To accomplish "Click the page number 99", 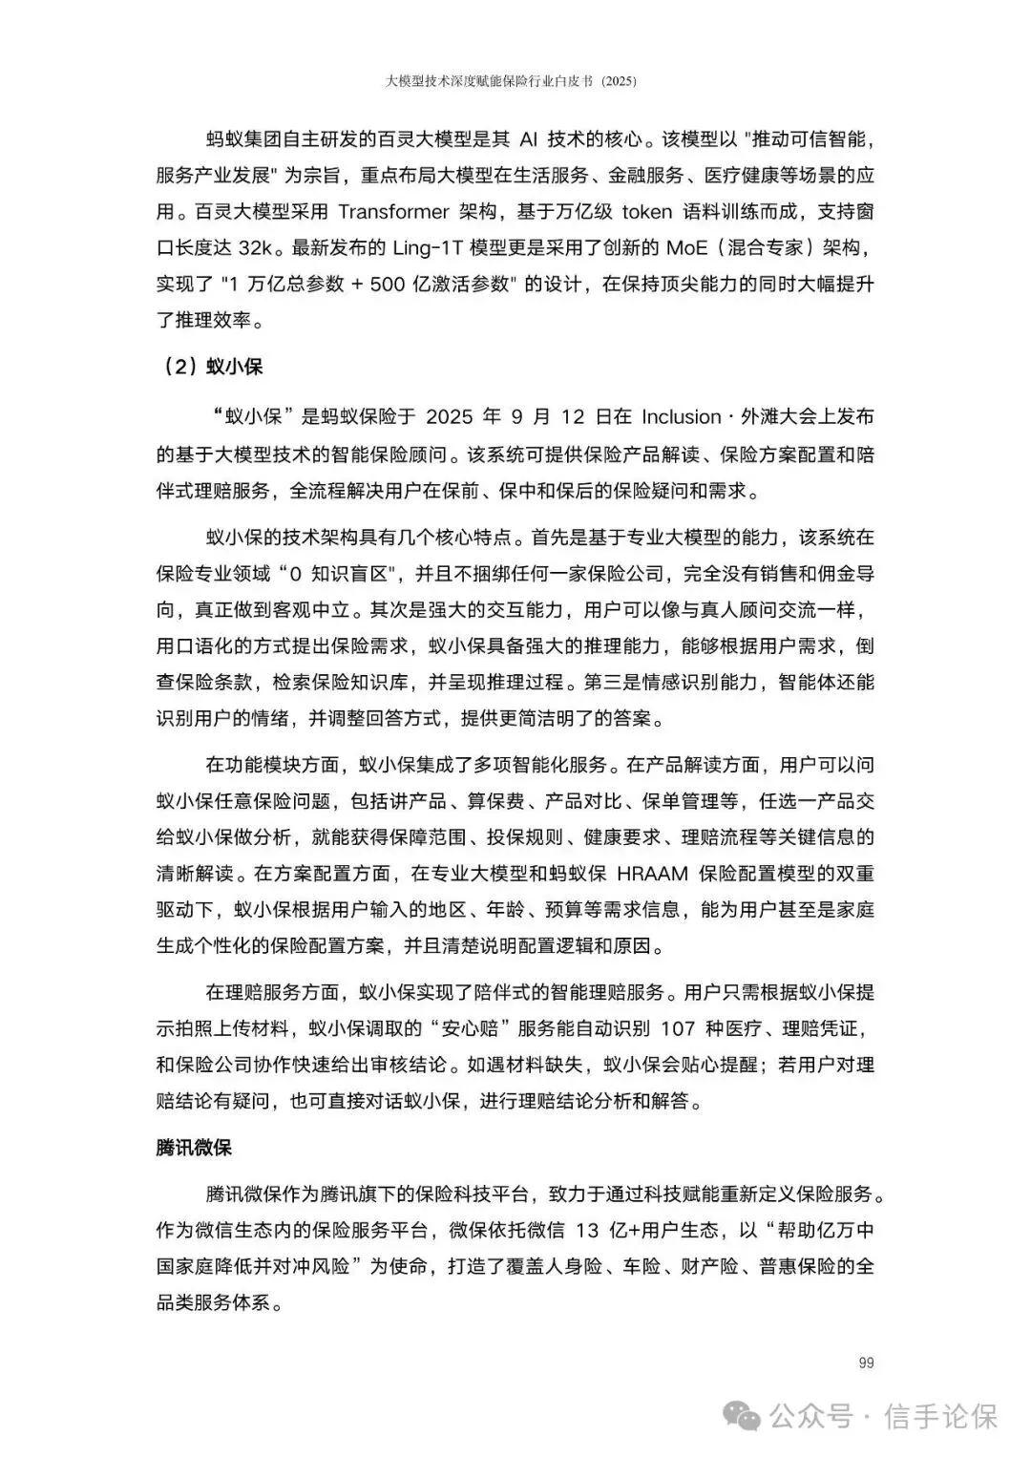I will (x=866, y=1363).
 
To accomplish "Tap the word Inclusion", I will (x=681, y=417).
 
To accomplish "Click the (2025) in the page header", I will (x=615, y=82).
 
